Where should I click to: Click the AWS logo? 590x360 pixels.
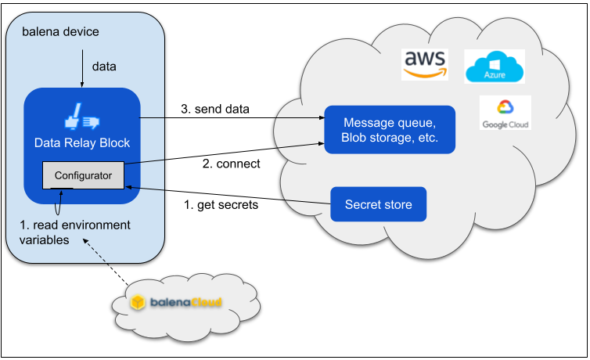[x=425, y=64]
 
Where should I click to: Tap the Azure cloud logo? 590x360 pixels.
[x=495, y=67]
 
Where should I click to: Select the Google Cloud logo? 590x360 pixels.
[x=505, y=113]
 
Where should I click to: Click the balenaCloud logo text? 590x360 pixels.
[x=185, y=302]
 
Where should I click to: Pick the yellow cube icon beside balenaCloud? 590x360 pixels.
[x=138, y=301]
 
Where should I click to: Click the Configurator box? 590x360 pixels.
[x=83, y=175]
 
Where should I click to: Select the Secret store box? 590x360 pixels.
[x=378, y=204]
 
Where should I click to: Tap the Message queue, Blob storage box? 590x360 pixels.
[x=390, y=130]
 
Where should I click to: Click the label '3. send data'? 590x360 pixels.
[x=215, y=109]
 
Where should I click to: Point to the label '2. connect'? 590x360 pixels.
[x=231, y=164]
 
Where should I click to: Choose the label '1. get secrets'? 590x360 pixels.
[x=221, y=204]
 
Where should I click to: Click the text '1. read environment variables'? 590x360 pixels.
[x=74, y=232]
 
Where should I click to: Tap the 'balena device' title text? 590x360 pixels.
[x=60, y=31]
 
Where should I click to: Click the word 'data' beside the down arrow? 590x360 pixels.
[x=104, y=67]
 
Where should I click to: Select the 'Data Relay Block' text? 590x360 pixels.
[x=82, y=143]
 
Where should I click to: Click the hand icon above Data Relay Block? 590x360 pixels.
[x=81, y=117]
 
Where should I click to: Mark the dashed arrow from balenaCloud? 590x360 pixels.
[x=106, y=262]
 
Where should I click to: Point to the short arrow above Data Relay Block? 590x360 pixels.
[x=82, y=68]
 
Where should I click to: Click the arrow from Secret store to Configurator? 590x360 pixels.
[x=228, y=195]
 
